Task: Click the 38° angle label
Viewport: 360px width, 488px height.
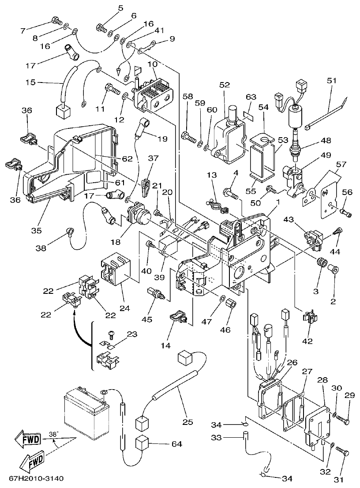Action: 53,434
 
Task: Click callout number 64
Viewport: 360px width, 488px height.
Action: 176,443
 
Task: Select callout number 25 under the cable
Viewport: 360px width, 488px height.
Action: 187,422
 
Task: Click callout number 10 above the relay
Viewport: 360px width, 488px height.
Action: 153,64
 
